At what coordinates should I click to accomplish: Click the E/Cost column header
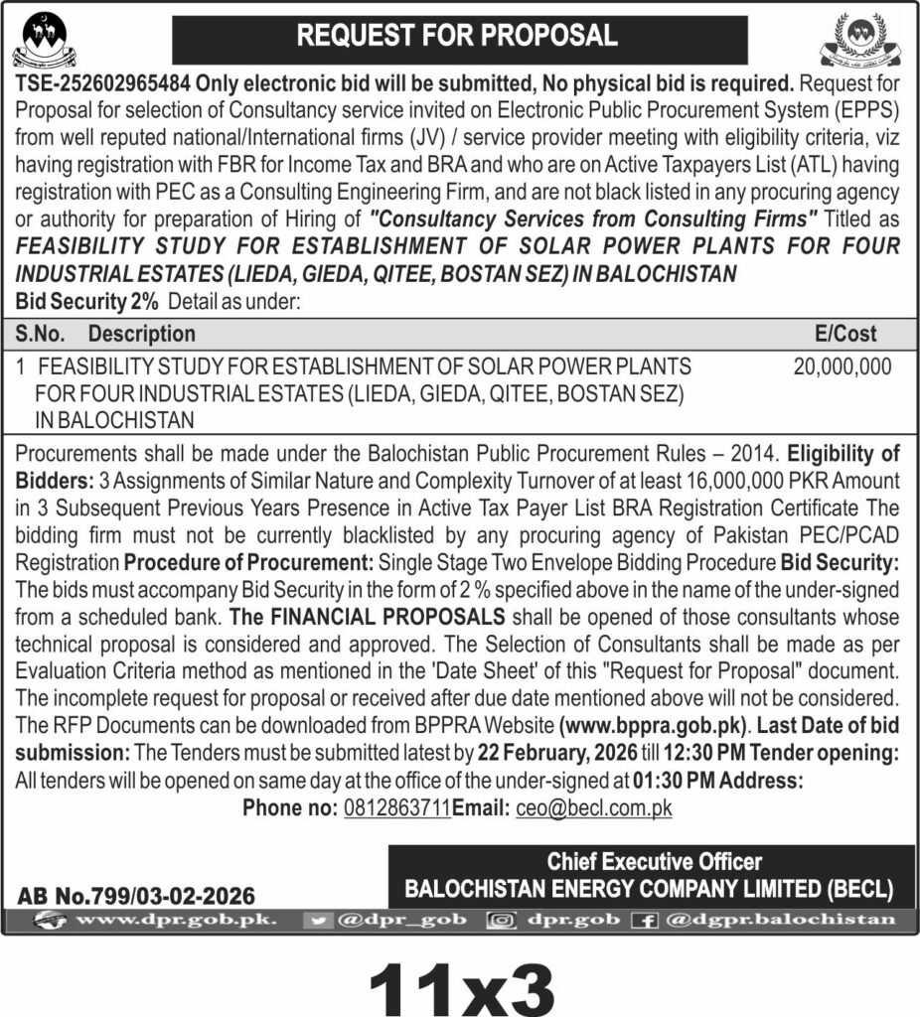pyautogui.click(x=844, y=334)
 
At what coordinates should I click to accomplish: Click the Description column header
pyautogui.click(x=141, y=334)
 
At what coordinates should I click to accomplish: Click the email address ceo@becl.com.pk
pyautogui.click(x=594, y=807)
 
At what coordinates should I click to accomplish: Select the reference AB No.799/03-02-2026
pyautogui.click(x=136, y=895)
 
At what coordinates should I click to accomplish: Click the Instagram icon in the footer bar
pyautogui.click(x=501, y=920)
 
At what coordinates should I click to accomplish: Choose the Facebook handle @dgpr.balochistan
pyautogui.click(x=781, y=920)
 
